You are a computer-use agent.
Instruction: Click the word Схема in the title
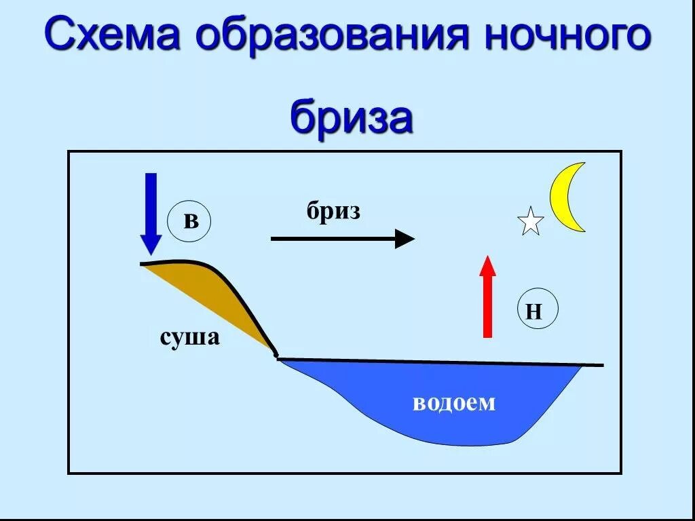point(111,37)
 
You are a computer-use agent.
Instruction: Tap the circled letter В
point(190,221)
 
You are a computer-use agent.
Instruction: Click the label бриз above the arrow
point(333,212)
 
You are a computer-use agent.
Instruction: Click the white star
point(530,222)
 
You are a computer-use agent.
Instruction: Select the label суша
point(190,336)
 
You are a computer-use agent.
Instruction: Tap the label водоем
point(454,403)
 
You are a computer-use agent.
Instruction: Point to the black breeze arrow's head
point(405,239)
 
